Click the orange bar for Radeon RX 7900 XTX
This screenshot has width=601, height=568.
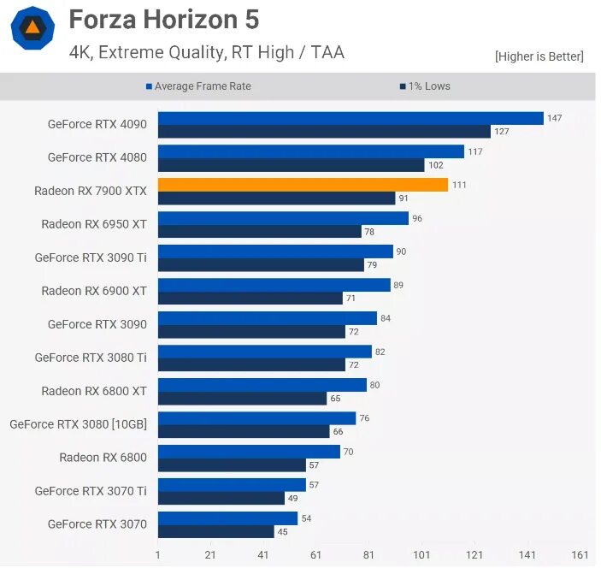[x=303, y=185]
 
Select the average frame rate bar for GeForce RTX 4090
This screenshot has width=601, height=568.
[x=351, y=118]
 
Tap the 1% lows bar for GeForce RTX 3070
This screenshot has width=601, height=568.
[x=216, y=532]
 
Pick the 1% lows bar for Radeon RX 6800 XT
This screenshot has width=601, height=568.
[x=243, y=399]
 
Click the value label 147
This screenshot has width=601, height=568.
[x=554, y=118]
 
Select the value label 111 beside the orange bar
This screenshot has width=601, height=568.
[x=459, y=185]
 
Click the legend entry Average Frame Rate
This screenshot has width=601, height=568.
[x=203, y=86]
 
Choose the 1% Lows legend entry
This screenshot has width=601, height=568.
[x=429, y=86]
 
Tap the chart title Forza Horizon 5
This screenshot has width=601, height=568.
[x=163, y=20]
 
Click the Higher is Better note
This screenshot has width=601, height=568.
[x=539, y=56]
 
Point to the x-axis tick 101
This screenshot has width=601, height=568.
[x=421, y=555]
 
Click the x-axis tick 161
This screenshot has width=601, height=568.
[x=580, y=555]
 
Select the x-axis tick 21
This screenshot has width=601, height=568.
[x=210, y=555]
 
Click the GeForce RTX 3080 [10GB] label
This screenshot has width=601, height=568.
[x=78, y=424]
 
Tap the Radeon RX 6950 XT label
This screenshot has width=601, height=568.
[x=94, y=224]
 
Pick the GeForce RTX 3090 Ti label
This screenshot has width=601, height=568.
[x=91, y=257]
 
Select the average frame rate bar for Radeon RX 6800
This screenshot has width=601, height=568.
[x=249, y=452]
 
